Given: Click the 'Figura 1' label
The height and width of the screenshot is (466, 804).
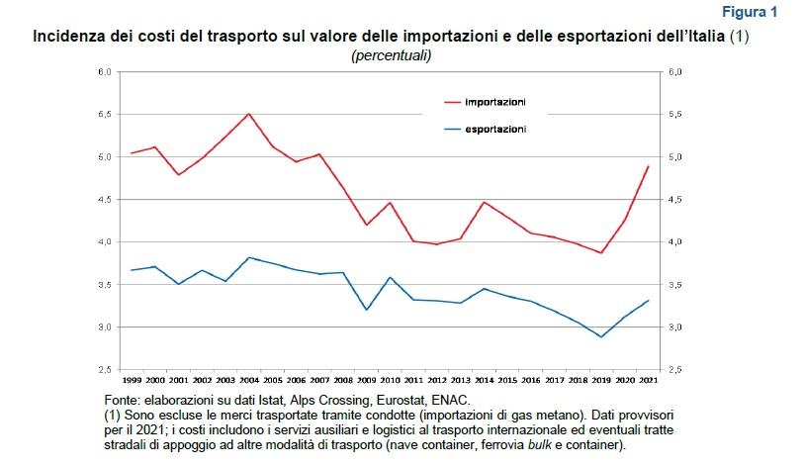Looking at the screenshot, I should (x=750, y=12).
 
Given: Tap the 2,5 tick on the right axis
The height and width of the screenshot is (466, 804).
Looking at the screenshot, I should (x=676, y=370).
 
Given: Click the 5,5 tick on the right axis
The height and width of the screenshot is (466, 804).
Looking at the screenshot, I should (x=676, y=115).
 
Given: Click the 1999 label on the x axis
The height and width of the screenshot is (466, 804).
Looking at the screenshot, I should (x=132, y=380).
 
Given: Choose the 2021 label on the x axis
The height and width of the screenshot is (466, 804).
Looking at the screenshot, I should (x=648, y=380).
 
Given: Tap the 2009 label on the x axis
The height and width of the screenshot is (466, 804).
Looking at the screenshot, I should (x=366, y=380).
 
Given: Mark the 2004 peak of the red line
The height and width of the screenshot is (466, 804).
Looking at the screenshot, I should (x=248, y=114).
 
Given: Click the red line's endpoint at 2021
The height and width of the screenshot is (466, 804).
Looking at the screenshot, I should (x=648, y=166).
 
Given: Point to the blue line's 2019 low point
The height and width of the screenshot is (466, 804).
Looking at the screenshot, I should (x=600, y=337).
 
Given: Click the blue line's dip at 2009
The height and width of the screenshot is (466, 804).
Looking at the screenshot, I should (x=367, y=310).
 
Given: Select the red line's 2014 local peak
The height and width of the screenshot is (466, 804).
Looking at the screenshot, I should (x=484, y=202).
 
